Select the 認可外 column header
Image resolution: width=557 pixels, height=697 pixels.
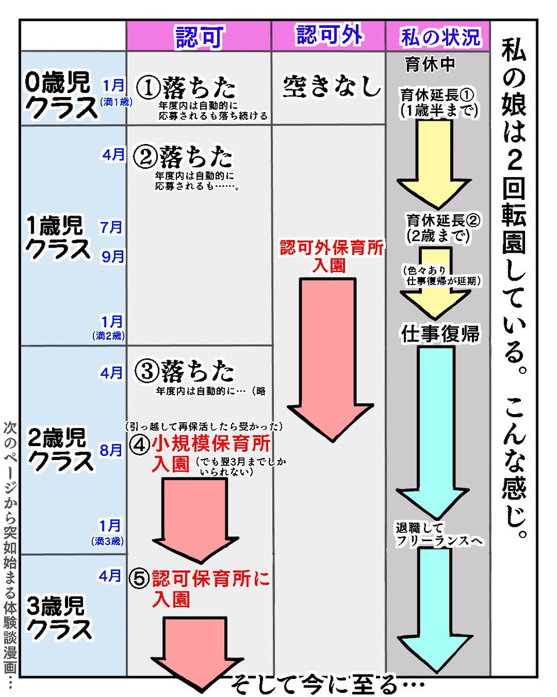click(329, 36)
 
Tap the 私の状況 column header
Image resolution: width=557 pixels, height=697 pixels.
click(440, 37)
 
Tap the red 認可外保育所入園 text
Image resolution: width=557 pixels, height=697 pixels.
click(331, 256)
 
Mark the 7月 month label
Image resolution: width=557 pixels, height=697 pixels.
click(111, 227)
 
